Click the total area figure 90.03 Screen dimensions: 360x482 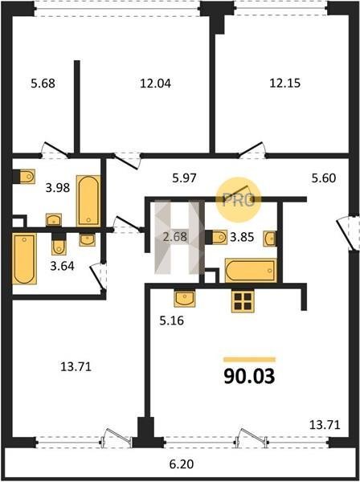point(249,376)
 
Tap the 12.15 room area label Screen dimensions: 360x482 point(285,83)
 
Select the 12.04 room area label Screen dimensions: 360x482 point(155,83)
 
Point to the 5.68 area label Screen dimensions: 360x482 point(43,83)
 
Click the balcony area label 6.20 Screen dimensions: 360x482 point(182,464)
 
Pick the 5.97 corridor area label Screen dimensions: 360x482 point(184,178)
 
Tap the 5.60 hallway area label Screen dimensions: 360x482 point(323,178)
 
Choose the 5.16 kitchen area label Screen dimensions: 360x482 point(171,321)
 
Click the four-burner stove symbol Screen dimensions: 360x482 point(243,301)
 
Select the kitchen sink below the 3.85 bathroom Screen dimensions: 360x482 point(185,299)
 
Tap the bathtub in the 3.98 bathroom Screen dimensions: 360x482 point(88,201)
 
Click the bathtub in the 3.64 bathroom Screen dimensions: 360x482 point(25,259)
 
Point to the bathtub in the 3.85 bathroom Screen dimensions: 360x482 point(251,271)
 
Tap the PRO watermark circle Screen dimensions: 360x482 point(238,200)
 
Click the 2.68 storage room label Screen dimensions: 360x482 point(175,237)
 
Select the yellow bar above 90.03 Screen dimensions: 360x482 point(249,360)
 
